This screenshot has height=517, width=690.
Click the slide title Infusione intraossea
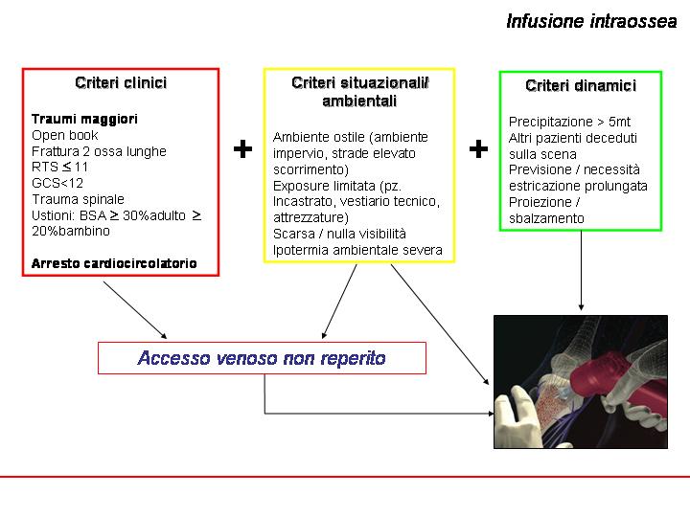tap(591, 21)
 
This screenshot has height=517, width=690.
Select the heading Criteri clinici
tap(121, 82)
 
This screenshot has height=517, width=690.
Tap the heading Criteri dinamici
tap(581, 85)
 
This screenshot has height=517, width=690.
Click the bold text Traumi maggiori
tap(84, 119)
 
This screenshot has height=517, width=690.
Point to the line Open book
tap(65, 135)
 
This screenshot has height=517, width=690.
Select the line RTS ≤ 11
tap(59, 167)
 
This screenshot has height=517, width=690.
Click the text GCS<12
tap(57, 183)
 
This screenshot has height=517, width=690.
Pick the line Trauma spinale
tap(78, 199)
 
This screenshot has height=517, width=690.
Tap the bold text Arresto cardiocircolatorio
tap(114, 263)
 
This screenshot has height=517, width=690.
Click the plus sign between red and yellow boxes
tap(242, 148)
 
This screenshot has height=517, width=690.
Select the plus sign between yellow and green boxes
tap(478, 148)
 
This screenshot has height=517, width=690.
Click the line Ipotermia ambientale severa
tap(357, 250)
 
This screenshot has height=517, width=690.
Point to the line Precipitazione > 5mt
tap(569, 122)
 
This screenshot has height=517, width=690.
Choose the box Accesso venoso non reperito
tap(262, 358)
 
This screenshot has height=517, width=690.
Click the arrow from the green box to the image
tap(581, 270)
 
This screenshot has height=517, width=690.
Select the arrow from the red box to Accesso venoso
tap(135, 310)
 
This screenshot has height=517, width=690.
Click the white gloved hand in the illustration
tap(516, 416)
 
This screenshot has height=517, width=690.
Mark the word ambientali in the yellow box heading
tap(359, 101)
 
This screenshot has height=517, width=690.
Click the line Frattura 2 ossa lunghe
tap(99, 151)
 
